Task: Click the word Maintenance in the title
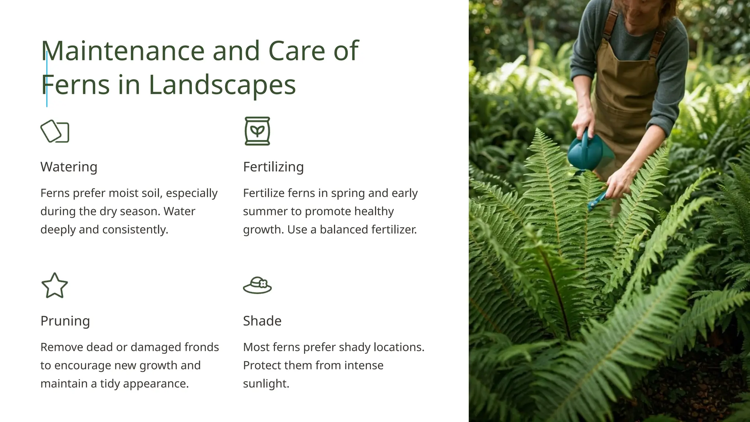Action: tap(123, 51)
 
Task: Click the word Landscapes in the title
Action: tap(222, 85)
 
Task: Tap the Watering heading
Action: tap(69, 167)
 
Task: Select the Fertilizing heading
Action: tap(273, 167)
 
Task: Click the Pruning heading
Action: tap(65, 321)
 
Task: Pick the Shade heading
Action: tap(262, 321)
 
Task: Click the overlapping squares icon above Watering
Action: tap(55, 131)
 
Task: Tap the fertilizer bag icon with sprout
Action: tap(257, 131)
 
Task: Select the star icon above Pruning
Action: tap(55, 285)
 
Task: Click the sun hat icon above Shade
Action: tap(257, 285)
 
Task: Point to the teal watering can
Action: tap(586, 152)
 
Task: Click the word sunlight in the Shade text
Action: tap(266, 384)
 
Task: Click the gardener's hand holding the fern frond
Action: tap(619, 183)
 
